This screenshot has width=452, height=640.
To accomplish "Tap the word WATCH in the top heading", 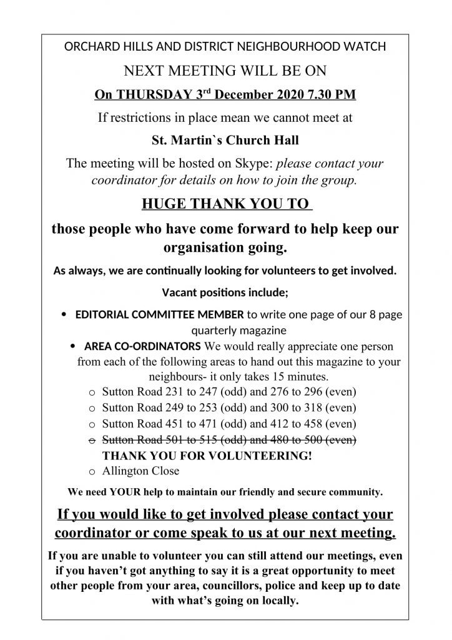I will pos(364,46).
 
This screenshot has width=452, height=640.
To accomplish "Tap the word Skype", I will pos(252,164).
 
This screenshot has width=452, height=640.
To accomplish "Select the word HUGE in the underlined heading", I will pos(165,204).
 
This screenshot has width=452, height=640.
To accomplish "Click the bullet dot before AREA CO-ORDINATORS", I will pos(73,346).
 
